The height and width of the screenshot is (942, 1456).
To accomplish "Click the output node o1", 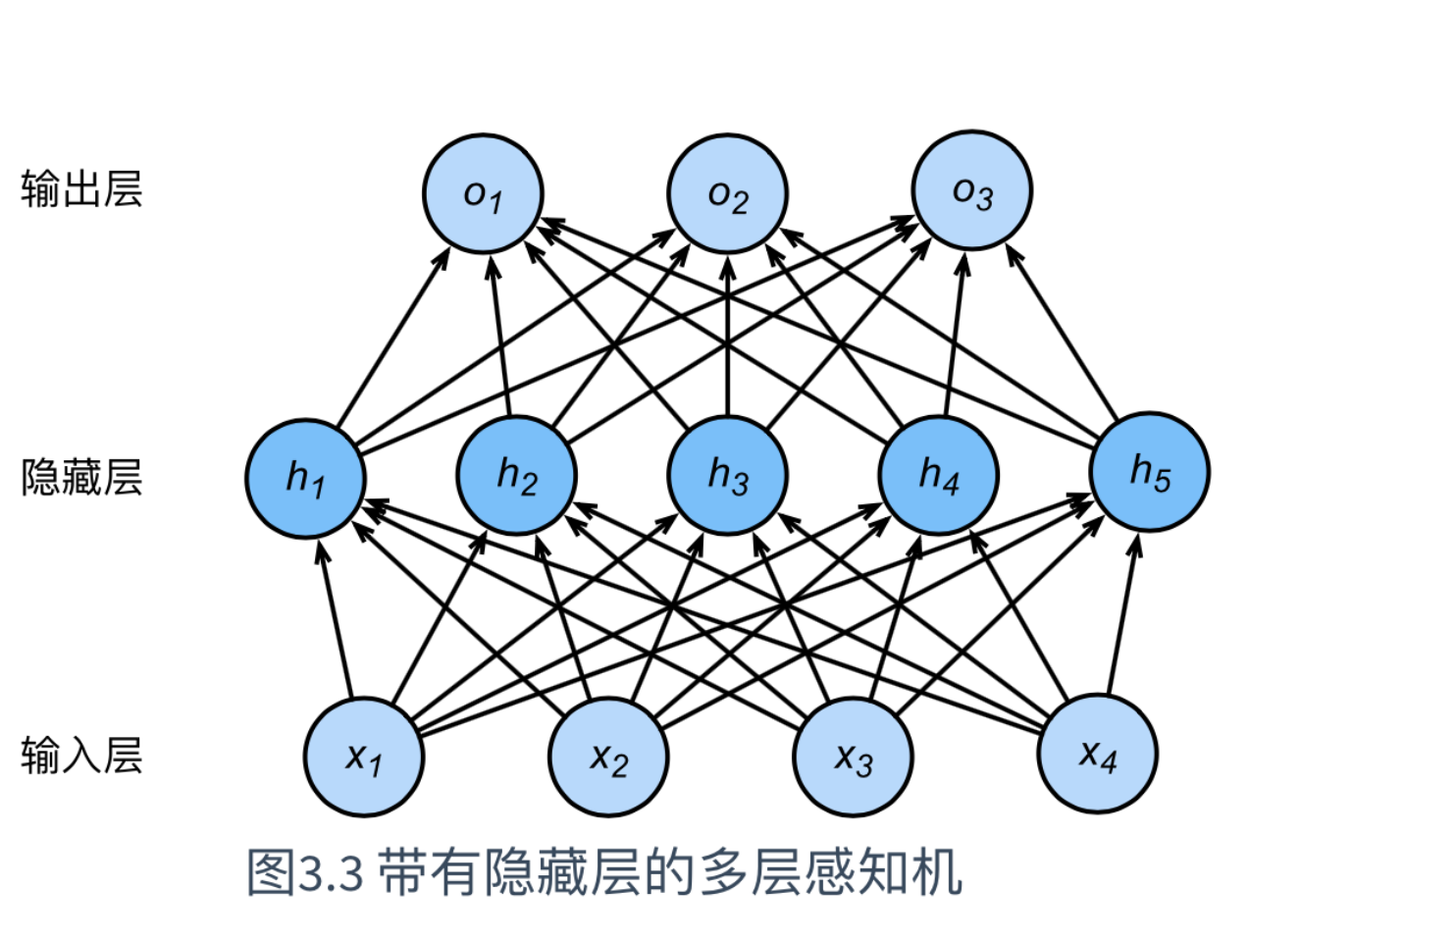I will pyautogui.click(x=482, y=193).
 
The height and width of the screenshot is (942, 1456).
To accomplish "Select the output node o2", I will pyautogui.click(x=727, y=193).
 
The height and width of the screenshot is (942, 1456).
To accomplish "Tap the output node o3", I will pyautogui.click(x=971, y=190).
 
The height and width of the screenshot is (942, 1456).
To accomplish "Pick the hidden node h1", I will pyautogui.click(x=305, y=478).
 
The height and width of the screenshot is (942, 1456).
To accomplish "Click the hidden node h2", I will pyautogui.click(x=516, y=475).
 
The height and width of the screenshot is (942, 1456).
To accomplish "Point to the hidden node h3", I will pyautogui.click(x=727, y=475).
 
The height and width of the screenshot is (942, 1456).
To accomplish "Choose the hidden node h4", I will pyautogui.click(x=938, y=475).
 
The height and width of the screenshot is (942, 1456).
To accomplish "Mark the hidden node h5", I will pyautogui.click(x=1149, y=472).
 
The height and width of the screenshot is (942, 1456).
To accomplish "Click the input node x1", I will pyautogui.click(x=363, y=757).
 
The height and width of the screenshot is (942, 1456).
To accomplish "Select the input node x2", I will pyautogui.click(x=608, y=757).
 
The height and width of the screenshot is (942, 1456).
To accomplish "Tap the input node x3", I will pyautogui.click(x=853, y=757).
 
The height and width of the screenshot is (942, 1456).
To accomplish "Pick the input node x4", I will pyautogui.click(x=1097, y=754).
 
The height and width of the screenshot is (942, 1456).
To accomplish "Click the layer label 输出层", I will pyautogui.click(x=81, y=188).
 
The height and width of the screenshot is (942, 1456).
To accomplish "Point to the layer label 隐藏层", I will pyautogui.click(x=81, y=477).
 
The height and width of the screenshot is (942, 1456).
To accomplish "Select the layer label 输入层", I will pyautogui.click(x=81, y=756).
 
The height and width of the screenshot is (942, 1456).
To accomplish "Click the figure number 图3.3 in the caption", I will pyautogui.click(x=305, y=871).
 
